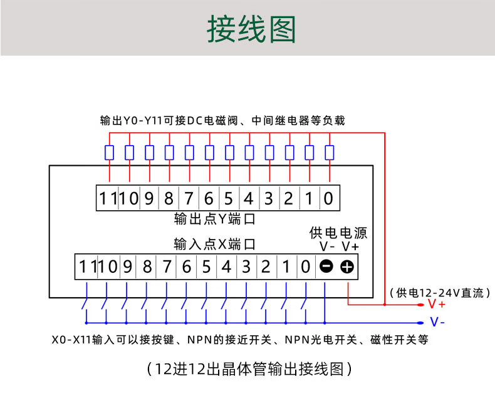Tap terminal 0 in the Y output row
(328, 199)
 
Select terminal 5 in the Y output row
(229, 199)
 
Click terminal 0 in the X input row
(305, 267)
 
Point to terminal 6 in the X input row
(186, 267)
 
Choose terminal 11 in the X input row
(88, 267)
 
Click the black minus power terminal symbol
(326, 267)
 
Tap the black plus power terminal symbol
(347, 267)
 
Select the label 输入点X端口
(215, 244)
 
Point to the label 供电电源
(338, 233)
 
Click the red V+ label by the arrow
(437, 305)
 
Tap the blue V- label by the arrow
(437, 323)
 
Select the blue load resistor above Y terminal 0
(329, 153)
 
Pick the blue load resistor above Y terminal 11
(110, 153)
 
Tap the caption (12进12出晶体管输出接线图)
(249, 369)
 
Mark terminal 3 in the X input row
(246, 267)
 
